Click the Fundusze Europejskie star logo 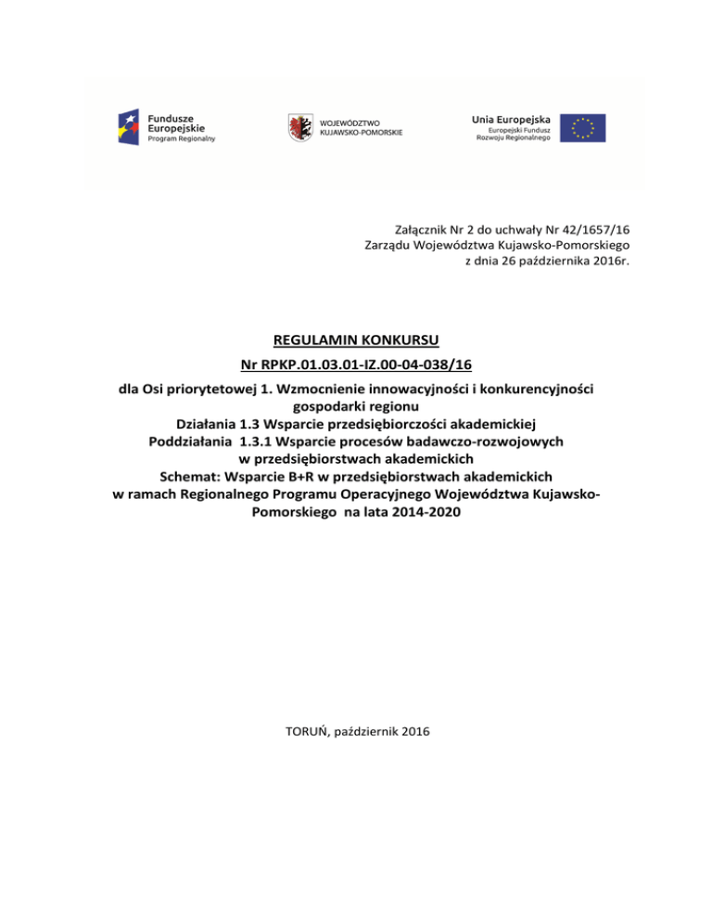[x=129, y=126]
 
